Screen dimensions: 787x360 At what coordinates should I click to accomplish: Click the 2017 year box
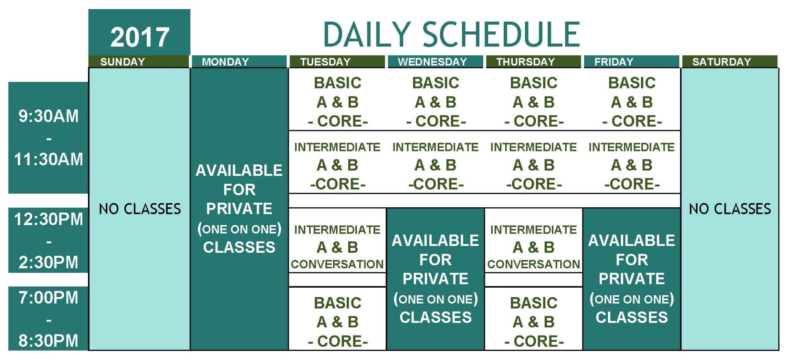[139, 32]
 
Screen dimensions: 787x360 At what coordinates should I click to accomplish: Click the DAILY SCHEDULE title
[451, 35]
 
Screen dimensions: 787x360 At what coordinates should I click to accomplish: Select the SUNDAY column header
[139, 62]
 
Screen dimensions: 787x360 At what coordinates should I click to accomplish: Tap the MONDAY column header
[239, 62]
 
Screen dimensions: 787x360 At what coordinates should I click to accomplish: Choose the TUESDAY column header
[337, 62]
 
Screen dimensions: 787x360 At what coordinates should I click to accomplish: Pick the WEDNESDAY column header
[435, 62]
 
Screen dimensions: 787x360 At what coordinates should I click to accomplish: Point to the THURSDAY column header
[534, 62]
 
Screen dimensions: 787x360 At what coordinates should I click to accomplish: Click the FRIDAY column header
[632, 62]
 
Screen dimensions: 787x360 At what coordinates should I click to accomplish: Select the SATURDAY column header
[730, 62]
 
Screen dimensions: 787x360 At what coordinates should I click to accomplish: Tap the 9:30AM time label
[48, 116]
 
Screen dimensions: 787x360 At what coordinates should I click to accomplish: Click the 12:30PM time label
[48, 219]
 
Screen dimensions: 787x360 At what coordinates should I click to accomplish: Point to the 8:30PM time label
[48, 341]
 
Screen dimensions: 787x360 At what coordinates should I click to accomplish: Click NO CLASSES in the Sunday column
[140, 209]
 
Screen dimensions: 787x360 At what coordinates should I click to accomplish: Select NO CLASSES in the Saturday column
[730, 209]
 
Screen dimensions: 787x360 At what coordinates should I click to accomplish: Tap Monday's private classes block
[239, 209]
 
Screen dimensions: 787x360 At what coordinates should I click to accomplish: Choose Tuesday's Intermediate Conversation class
[337, 247]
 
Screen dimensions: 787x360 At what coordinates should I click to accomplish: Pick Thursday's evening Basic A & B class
[534, 322]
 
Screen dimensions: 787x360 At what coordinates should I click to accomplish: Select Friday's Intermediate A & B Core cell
[632, 165]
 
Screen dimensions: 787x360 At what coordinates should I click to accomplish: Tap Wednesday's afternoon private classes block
[436, 279]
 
